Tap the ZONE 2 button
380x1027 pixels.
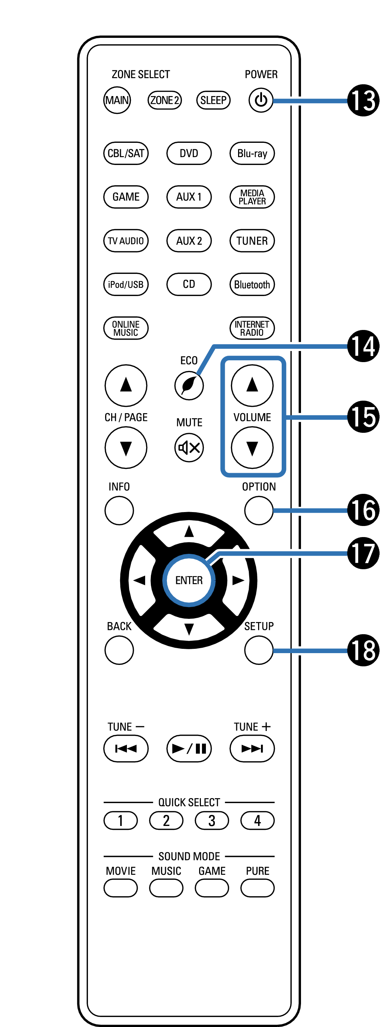pyautogui.click(x=164, y=100)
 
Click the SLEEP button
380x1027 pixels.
pyautogui.click(x=213, y=100)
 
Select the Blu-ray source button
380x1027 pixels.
pyautogui.click(x=252, y=154)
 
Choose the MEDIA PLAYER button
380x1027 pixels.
pyautogui.click(x=252, y=197)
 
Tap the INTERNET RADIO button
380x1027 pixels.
pyautogui.click(x=252, y=328)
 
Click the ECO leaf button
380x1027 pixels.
pyautogui.click(x=189, y=386)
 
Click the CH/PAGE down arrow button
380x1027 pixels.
pyautogui.click(x=126, y=448)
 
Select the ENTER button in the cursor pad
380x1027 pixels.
pyautogui.click(x=189, y=580)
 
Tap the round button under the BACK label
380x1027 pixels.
pyautogui.click(x=119, y=650)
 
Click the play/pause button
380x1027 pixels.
pyautogui.click(x=189, y=748)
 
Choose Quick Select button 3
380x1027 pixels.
pyautogui.click(x=212, y=821)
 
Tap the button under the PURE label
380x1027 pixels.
pyautogui.click(x=257, y=888)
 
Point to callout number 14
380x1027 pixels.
pyautogui.click(x=363, y=346)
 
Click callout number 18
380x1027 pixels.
pyautogui.click(x=363, y=650)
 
